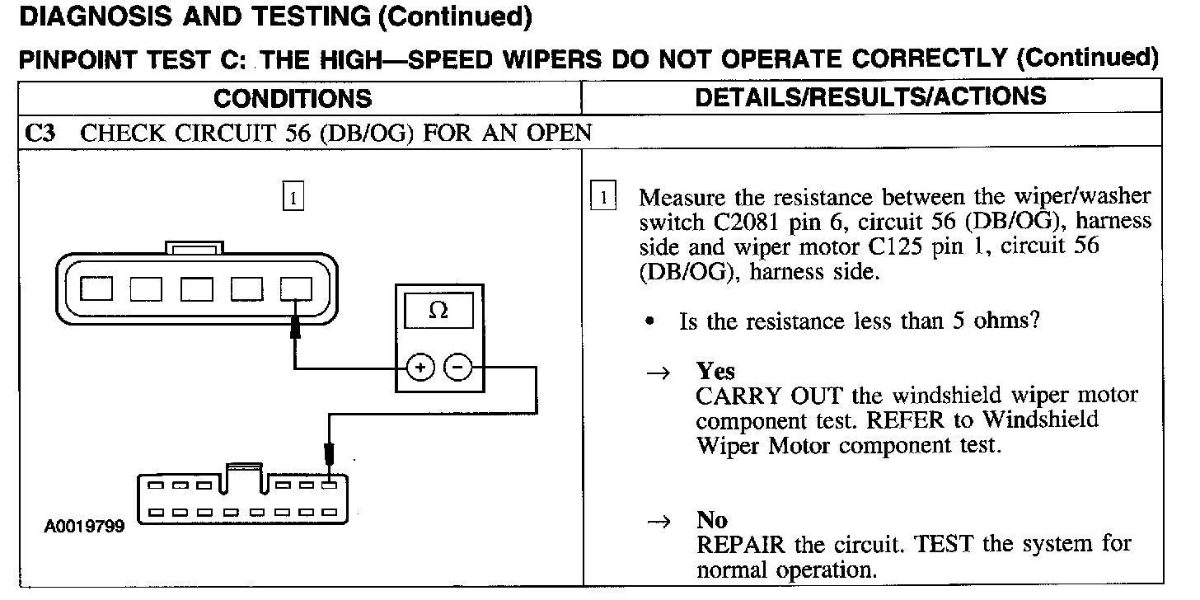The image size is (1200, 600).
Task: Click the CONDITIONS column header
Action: pos(293,99)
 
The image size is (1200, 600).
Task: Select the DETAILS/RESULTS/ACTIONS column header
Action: pos(870,97)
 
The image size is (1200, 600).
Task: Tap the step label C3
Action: pos(41,134)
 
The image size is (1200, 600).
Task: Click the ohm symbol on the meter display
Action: pos(438,311)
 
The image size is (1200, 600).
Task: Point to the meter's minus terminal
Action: pos(457,368)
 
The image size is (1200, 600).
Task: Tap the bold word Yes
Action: pos(715,371)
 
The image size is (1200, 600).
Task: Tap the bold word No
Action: pos(712,520)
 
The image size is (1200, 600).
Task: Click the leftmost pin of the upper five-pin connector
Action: pos(98,288)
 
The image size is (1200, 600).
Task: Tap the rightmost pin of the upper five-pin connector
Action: pos(296,288)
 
